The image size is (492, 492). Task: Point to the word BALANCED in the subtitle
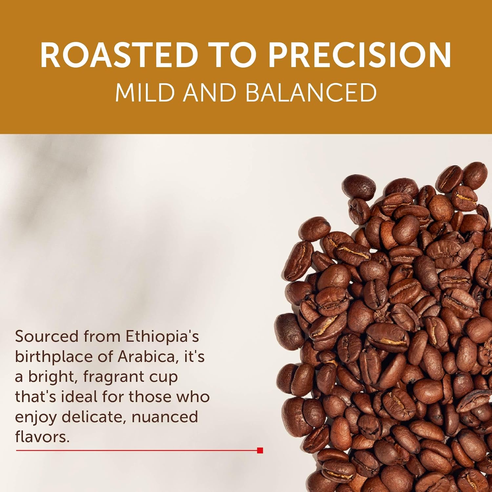311,92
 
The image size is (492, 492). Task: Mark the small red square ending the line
260,451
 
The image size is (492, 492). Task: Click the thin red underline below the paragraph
131,451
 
